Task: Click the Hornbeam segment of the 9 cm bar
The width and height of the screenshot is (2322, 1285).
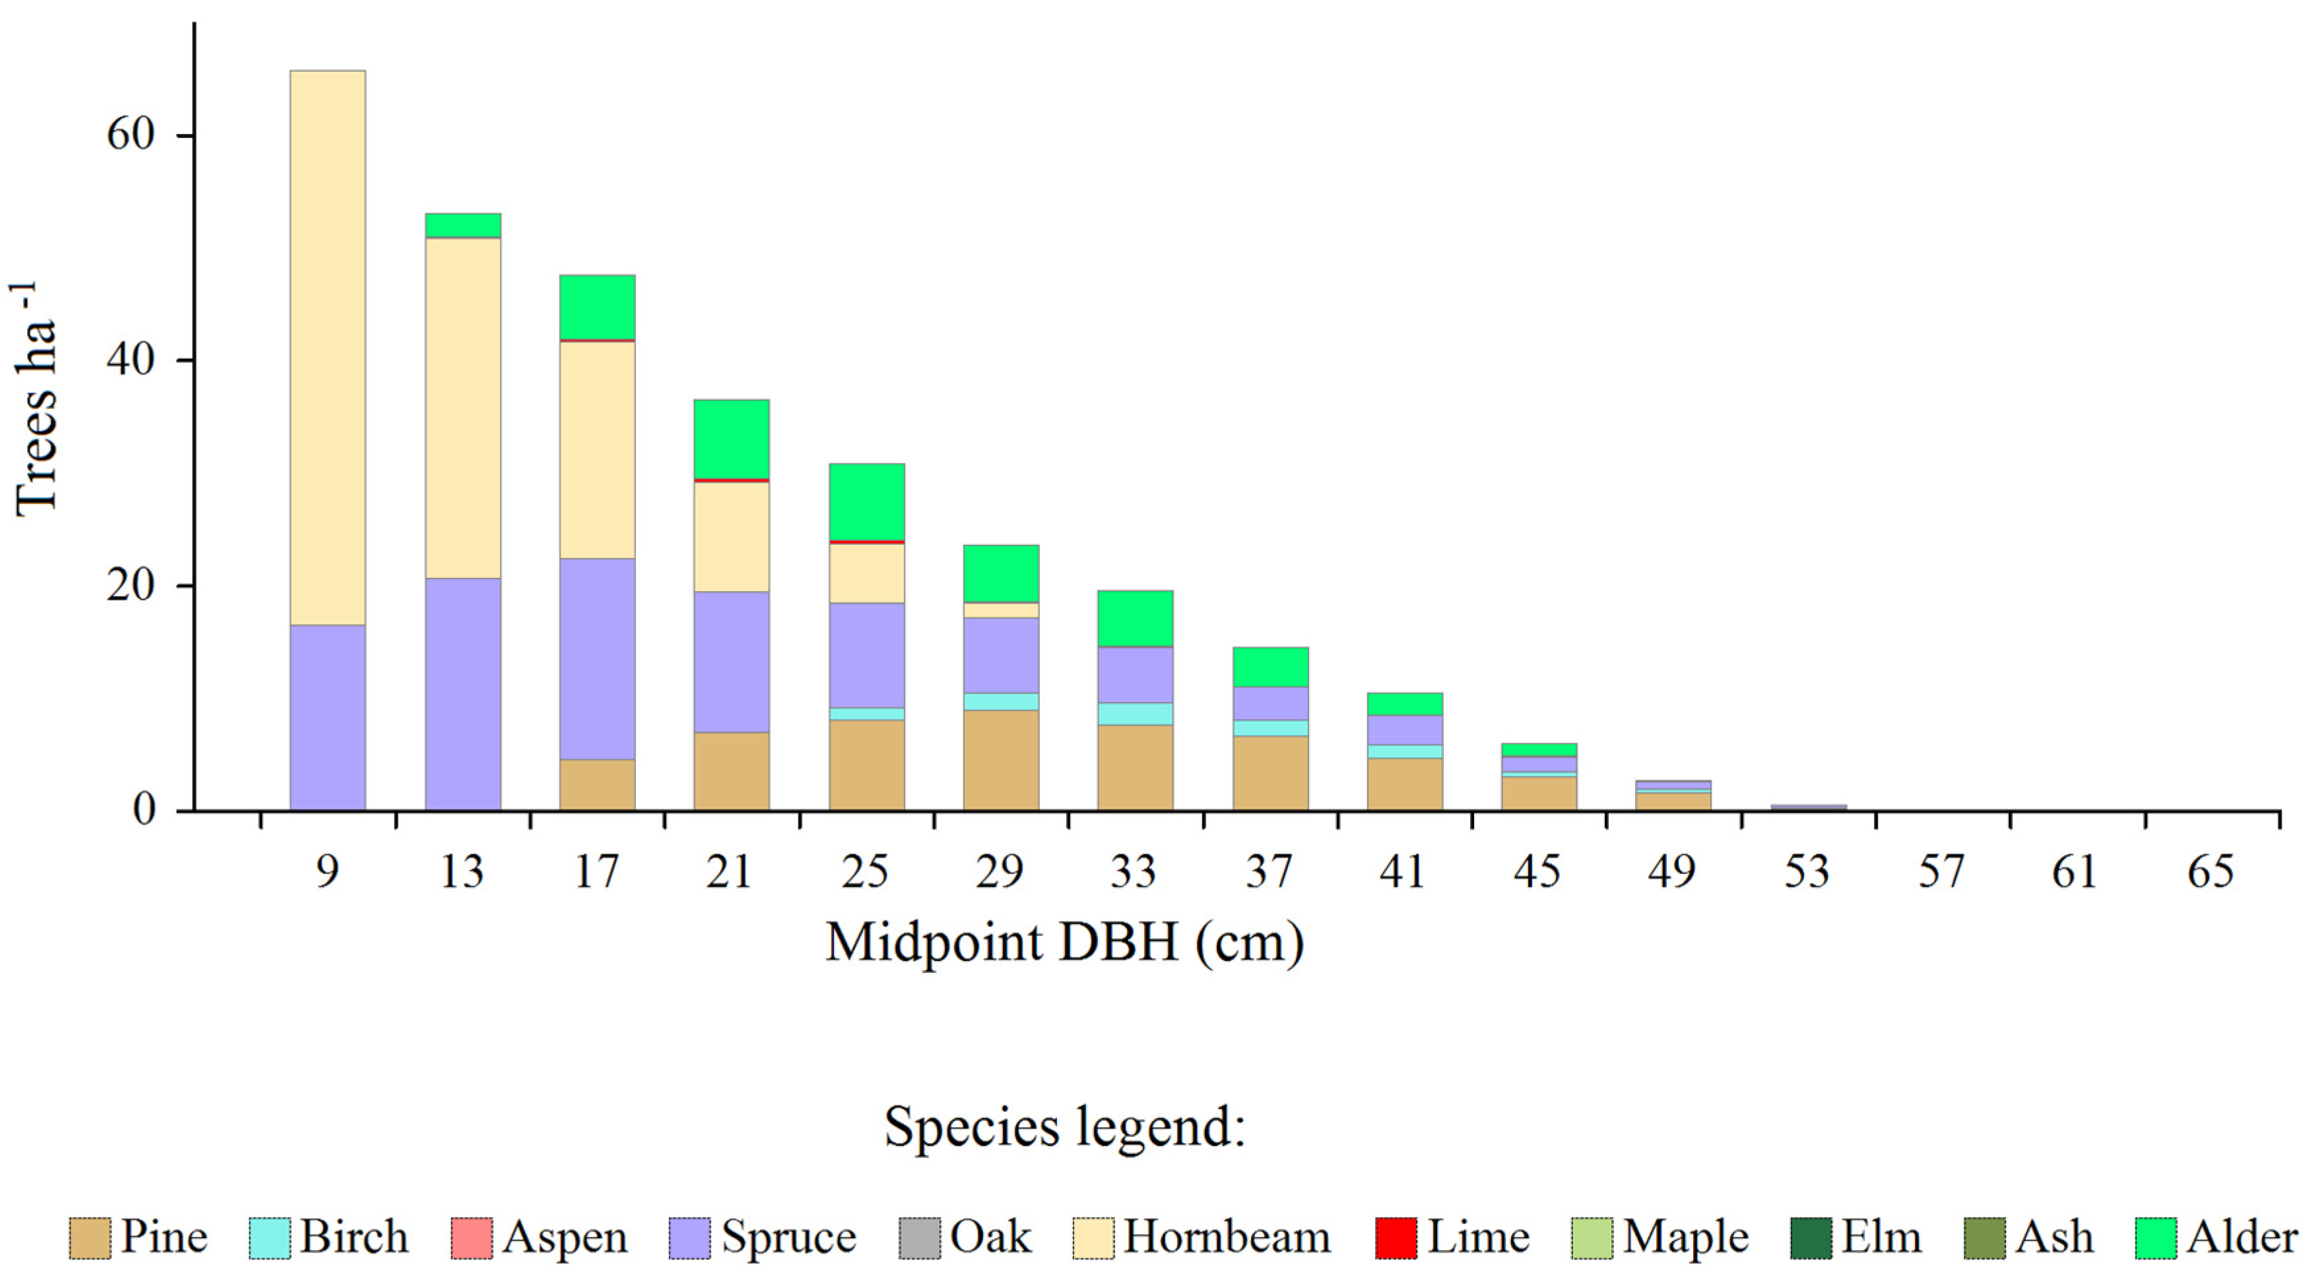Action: click(327, 347)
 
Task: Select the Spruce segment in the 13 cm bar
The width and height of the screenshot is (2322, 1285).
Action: click(463, 694)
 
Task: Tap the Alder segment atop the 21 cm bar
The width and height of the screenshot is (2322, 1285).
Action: click(731, 439)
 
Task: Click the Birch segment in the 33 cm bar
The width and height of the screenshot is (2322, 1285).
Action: click(1135, 714)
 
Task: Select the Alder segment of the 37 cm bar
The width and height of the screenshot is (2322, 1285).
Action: click(1270, 667)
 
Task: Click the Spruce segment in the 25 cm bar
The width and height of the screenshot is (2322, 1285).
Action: click(866, 655)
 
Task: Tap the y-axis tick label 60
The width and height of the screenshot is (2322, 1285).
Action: click(131, 135)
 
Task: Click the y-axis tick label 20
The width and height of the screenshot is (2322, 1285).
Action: click(131, 586)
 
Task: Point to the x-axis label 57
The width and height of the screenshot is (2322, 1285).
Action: click(1941, 871)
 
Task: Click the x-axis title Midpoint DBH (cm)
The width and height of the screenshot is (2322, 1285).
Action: click(1064, 943)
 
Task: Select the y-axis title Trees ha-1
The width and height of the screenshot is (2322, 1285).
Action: click(36, 401)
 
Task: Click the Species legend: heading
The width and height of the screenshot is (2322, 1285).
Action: click(1064, 1127)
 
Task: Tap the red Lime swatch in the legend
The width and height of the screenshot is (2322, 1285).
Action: click(1396, 1238)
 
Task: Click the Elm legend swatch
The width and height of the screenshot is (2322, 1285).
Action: click(1811, 1238)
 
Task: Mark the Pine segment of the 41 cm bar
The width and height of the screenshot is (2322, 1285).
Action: click(1404, 784)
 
